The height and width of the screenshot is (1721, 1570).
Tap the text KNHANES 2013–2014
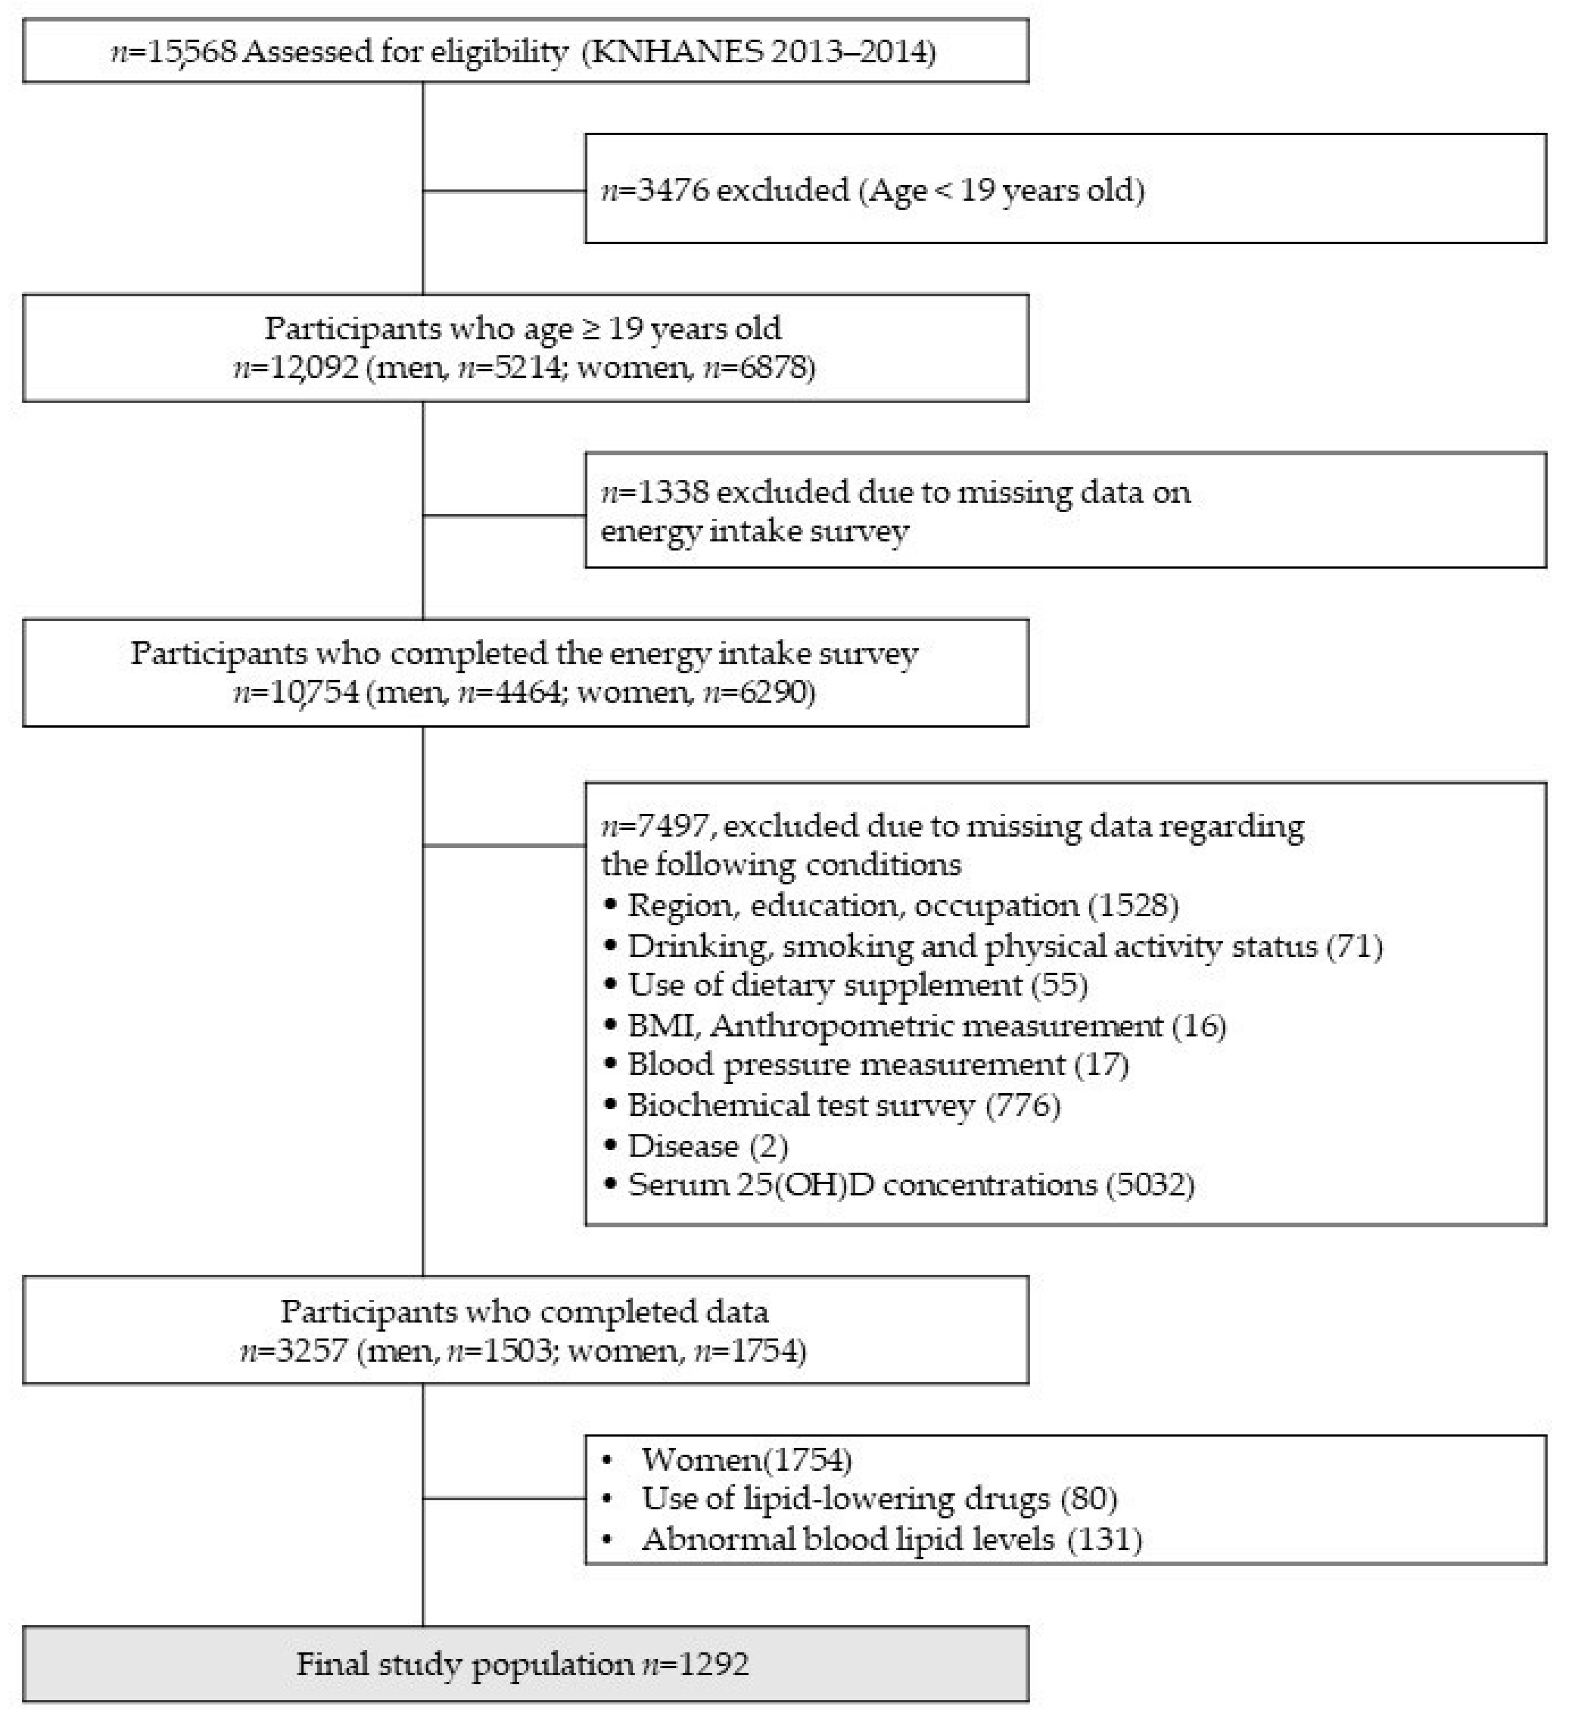(x=758, y=52)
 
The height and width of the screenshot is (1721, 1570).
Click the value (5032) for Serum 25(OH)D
(x=1150, y=1185)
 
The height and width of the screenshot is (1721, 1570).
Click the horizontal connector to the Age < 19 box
(x=504, y=190)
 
